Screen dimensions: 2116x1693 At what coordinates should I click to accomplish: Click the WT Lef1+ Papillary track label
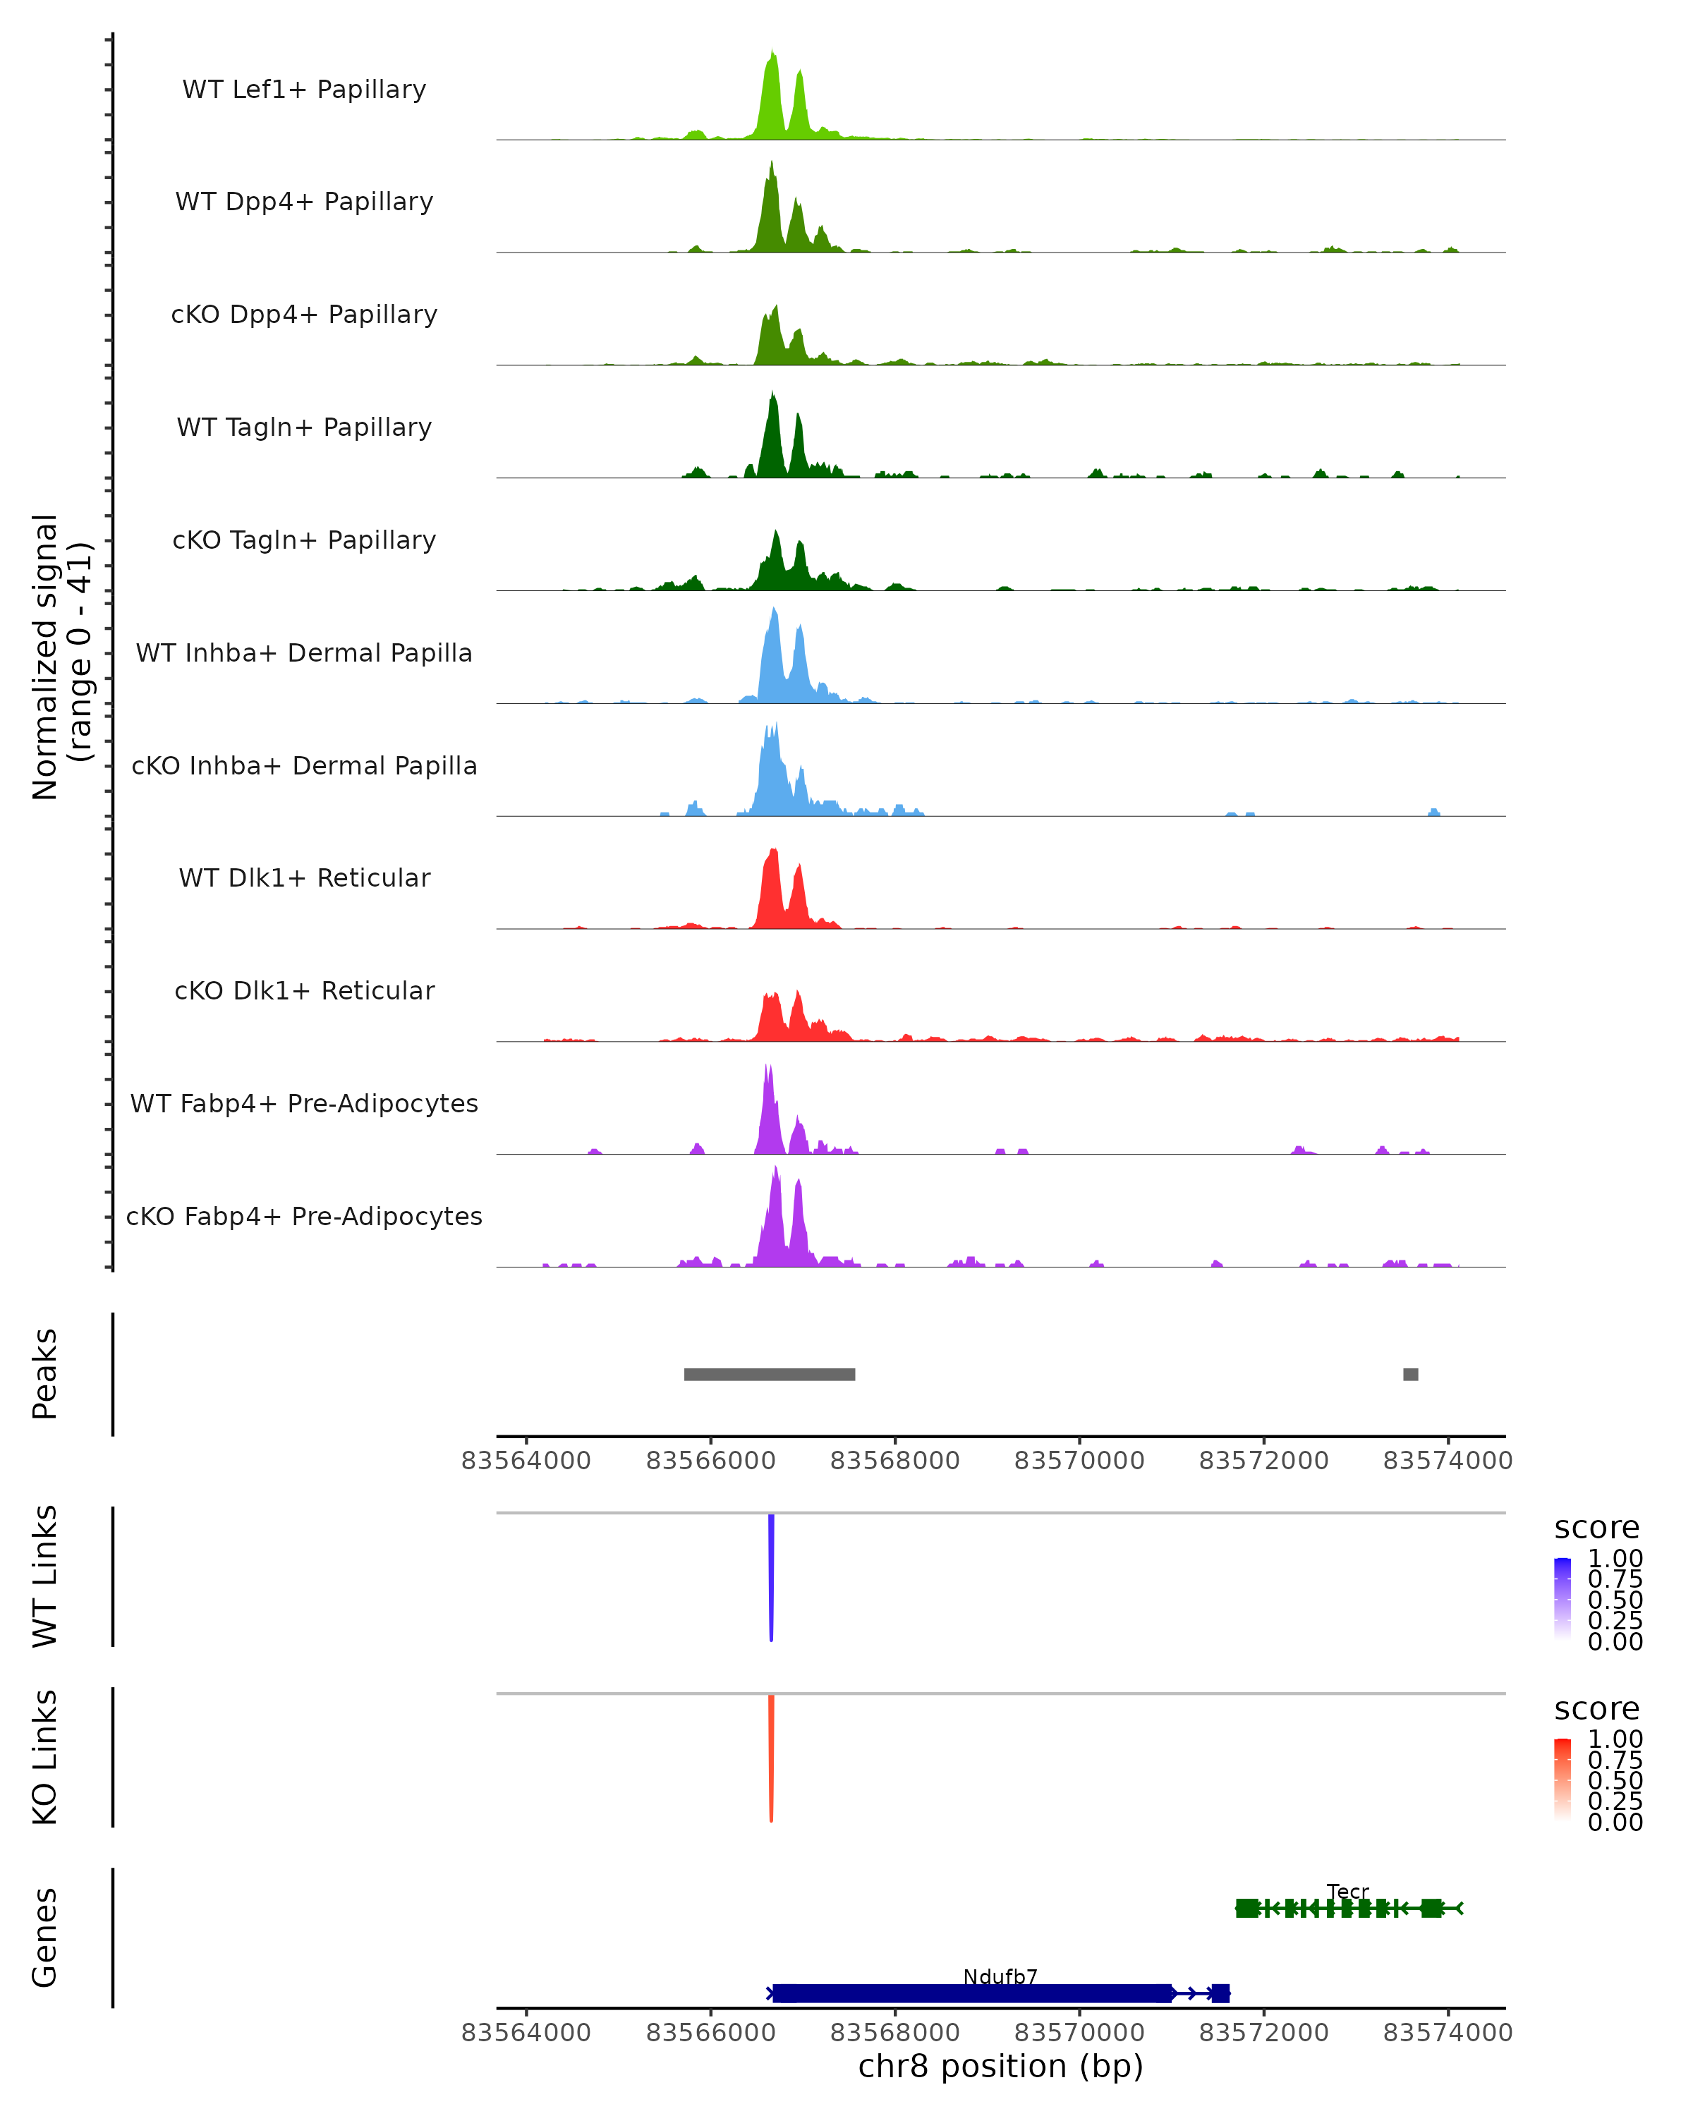click(x=304, y=90)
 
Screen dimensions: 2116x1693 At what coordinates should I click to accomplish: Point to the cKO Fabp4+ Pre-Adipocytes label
click(x=304, y=1216)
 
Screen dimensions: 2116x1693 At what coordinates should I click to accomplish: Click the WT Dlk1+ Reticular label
click(x=304, y=877)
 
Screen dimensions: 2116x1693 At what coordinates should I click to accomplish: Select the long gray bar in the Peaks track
click(x=770, y=1374)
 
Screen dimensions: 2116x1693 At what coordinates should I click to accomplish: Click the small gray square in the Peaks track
click(x=1410, y=1374)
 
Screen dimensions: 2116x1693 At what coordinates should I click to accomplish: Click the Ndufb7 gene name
click(x=1000, y=1976)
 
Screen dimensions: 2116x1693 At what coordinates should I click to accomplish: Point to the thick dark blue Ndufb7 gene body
click(x=971, y=1993)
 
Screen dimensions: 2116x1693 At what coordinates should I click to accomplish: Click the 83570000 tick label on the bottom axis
click(x=1079, y=2033)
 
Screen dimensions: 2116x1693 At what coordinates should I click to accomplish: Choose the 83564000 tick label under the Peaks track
click(x=526, y=1461)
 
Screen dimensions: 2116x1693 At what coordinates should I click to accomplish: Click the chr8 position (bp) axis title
click(x=1000, y=2067)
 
